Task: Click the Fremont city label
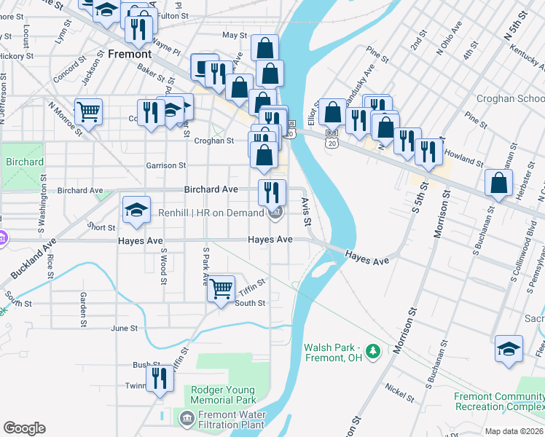pyautogui.click(x=130, y=54)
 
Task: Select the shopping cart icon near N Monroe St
pyautogui.click(x=88, y=112)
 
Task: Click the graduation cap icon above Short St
pyautogui.click(x=136, y=210)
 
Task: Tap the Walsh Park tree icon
pyautogui.click(x=374, y=353)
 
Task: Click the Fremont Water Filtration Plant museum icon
pyautogui.click(x=185, y=418)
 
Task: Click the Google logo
pyautogui.click(x=24, y=428)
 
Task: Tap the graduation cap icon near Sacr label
pyautogui.click(x=509, y=347)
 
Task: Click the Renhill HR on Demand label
pyautogui.click(x=211, y=213)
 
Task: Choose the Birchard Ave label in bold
pyautogui.click(x=211, y=189)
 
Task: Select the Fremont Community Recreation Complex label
pyautogui.click(x=499, y=401)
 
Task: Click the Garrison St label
pyautogui.click(x=166, y=165)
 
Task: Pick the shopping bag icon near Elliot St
pyautogui.click(x=332, y=112)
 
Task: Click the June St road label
pyautogui.click(x=124, y=328)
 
